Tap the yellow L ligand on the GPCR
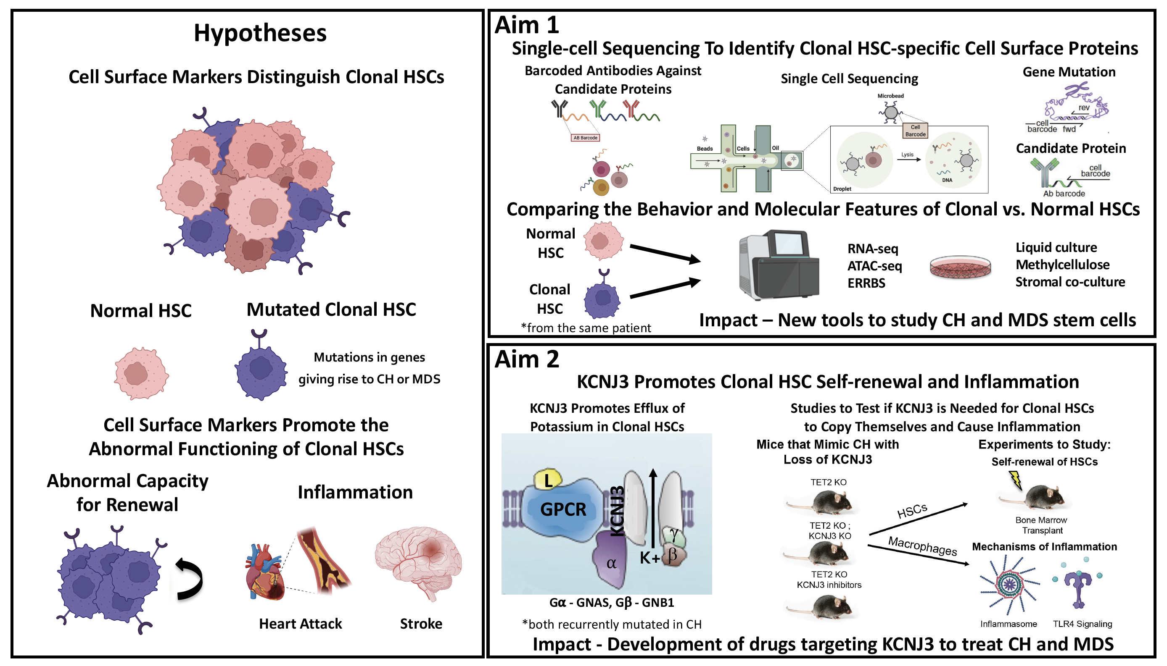pyautogui.click(x=548, y=480)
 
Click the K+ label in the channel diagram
pyautogui.click(x=649, y=558)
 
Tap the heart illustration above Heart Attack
pyautogui.click(x=264, y=572)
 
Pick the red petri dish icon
pyautogui.click(x=960, y=267)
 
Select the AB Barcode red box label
pyautogui.click(x=585, y=138)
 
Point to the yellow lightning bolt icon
pyautogui.click(x=1015, y=480)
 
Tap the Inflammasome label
pyautogui.click(x=1008, y=624)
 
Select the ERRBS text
pyautogui.click(x=866, y=283)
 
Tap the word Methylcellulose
pyautogui.click(x=1062, y=265)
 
